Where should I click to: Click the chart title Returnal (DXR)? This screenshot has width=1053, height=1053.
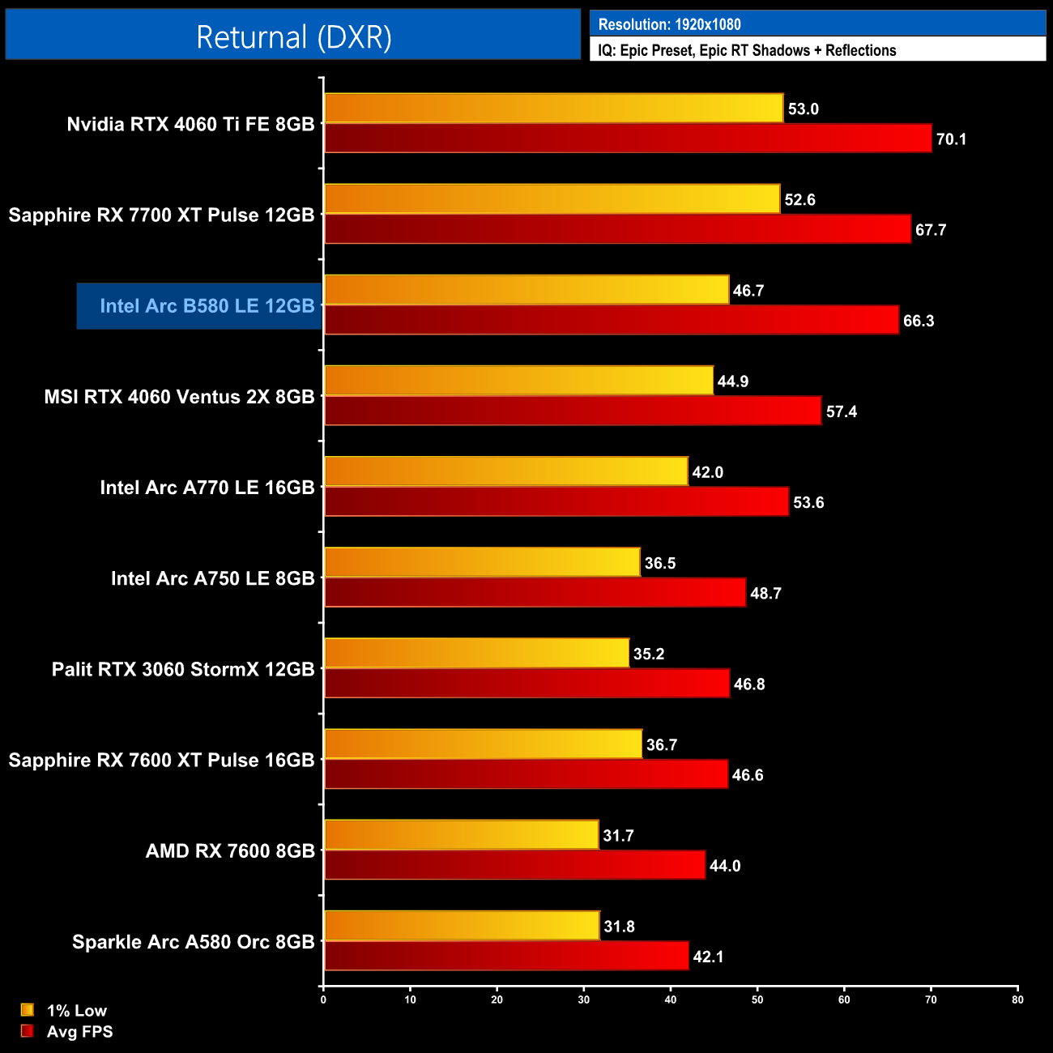(x=293, y=36)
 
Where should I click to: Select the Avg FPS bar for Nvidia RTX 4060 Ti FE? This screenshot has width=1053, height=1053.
(x=628, y=139)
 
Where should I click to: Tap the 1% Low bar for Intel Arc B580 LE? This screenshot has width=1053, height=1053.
(x=526, y=290)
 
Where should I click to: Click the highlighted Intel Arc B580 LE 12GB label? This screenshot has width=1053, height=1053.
(x=207, y=306)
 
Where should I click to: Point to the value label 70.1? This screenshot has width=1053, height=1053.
(x=951, y=139)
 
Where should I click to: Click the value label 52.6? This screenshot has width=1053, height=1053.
(x=799, y=200)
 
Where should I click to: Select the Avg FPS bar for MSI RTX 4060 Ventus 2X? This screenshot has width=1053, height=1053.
(x=573, y=411)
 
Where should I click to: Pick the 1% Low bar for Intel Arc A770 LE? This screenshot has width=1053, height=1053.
(x=506, y=471)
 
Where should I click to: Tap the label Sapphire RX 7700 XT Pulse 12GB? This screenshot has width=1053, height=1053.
(x=161, y=215)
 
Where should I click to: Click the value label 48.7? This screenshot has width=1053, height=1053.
(x=765, y=594)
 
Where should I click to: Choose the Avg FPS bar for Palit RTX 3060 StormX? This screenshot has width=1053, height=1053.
(x=526, y=684)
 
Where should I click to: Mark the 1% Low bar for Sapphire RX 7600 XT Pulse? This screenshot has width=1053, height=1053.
(x=483, y=744)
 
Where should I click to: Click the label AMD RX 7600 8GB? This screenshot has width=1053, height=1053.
(x=230, y=851)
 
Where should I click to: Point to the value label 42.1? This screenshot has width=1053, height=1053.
(x=708, y=957)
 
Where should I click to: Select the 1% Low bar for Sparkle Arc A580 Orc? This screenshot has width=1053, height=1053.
(x=462, y=925)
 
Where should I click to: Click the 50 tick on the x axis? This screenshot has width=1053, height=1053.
(x=757, y=1000)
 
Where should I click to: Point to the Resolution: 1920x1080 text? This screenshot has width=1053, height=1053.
(x=669, y=24)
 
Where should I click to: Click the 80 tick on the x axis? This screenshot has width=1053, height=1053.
(x=1017, y=1000)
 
